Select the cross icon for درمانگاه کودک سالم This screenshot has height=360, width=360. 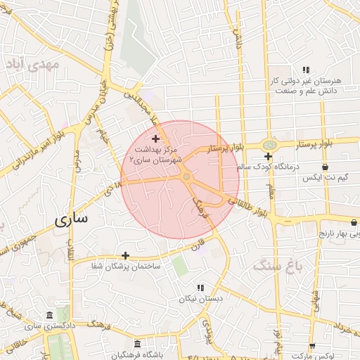pos(268,155)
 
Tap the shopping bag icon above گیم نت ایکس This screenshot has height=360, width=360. pos(324,167)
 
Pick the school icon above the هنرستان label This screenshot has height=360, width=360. pos(305,70)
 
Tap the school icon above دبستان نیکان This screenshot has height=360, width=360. pos(200,288)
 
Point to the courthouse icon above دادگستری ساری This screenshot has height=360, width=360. pos(48,315)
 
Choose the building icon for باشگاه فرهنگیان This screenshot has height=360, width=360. pos(136,344)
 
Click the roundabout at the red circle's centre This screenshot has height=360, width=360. pos(186,177)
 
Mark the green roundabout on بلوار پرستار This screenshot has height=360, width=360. pos(268,144)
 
